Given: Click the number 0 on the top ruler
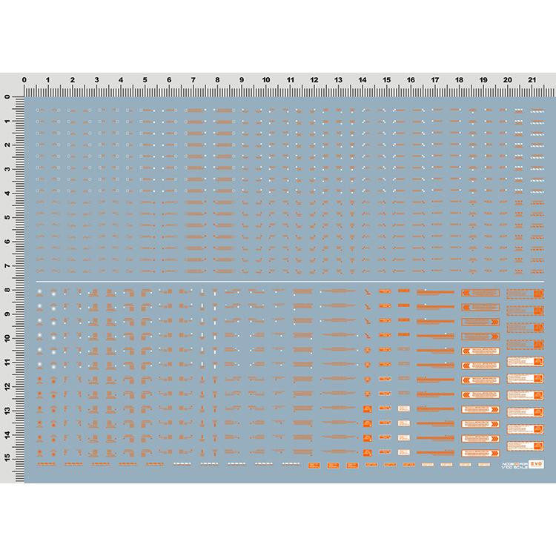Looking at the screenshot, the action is pos(24,80).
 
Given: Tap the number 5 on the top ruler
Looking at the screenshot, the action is pos(145,80).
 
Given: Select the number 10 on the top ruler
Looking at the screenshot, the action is pos(265,80).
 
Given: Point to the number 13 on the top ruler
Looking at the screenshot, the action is pos(338,80).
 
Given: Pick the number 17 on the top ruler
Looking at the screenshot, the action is pos(434,80).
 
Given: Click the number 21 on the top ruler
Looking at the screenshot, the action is pos(532,80).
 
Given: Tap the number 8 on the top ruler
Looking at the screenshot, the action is pos(217,80).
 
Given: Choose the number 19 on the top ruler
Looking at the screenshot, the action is pos(483,80).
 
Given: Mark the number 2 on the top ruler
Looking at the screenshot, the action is pos(73,80).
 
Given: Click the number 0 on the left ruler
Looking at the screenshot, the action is pos(8,98).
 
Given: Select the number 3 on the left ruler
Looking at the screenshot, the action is pos(8,170).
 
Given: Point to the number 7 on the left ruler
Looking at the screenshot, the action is pos(8,266).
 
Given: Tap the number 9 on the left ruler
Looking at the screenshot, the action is pos(8,314).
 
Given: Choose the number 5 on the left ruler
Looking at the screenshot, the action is pos(8,218).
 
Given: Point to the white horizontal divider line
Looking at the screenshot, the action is pos(289,282).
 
